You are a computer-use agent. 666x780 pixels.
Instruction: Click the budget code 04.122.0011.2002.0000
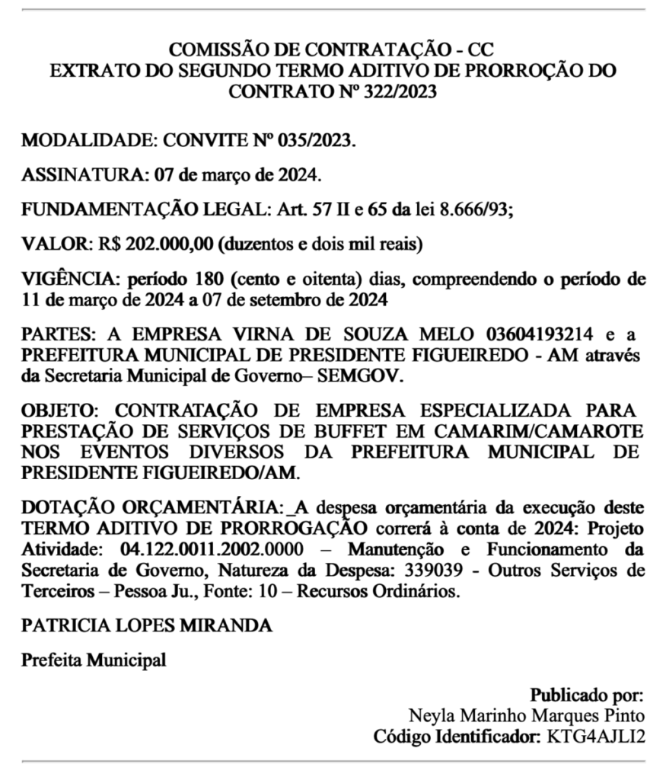[x=212, y=549]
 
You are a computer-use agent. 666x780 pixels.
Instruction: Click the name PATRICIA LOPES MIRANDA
[x=147, y=625]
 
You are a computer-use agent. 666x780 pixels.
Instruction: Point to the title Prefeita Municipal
[x=94, y=660]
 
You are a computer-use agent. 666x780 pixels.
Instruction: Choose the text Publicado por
[x=587, y=695]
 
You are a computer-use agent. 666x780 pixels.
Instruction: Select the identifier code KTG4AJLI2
[x=595, y=737]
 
